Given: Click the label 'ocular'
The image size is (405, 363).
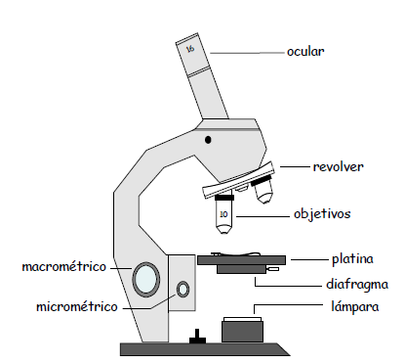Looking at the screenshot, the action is pyautogui.click(x=305, y=52).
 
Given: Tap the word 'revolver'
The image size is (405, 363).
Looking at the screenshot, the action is pyautogui.click(x=338, y=166).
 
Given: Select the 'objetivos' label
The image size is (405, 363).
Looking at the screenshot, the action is pyautogui.click(x=322, y=214).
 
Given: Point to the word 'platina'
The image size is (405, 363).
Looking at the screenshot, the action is pyautogui.click(x=352, y=259).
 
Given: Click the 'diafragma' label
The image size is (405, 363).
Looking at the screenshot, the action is pyautogui.click(x=357, y=284).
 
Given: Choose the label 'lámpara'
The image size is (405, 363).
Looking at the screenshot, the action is pyautogui.click(x=355, y=307).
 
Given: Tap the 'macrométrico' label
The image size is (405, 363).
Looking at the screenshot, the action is pyautogui.click(x=64, y=267).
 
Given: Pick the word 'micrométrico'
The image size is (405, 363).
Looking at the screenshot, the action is pyautogui.click(x=77, y=307).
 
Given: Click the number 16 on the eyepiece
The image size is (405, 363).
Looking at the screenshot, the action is pyautogui.click(x=190, y=49).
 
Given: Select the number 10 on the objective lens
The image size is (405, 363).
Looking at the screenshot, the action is pyautogui.click(x=223, y=214).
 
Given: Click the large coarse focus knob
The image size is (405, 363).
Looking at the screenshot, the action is pyautogui.click(x=146, y=279).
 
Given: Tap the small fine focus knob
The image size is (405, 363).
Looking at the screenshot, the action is pyautogui.click(x=182, y=290).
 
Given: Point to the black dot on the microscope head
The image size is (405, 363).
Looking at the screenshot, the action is pyautogui.click(x=208, y=140).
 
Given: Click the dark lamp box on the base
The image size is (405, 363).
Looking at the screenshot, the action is pyautogui.click(x=242, y=332).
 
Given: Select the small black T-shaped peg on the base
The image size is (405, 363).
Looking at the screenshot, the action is pyautogui.click(x=197, y=337).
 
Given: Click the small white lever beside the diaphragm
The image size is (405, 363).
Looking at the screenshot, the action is pyautogui.click(x=272, y=269).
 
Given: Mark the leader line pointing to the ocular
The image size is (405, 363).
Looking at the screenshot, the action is pyautogui.click(x=247, y=53).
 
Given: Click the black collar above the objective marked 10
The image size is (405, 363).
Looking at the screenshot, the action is pyautogui.click(x=224, y=198).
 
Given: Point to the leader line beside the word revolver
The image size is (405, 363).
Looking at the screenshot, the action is pyautogui.click(x=295, y=166).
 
